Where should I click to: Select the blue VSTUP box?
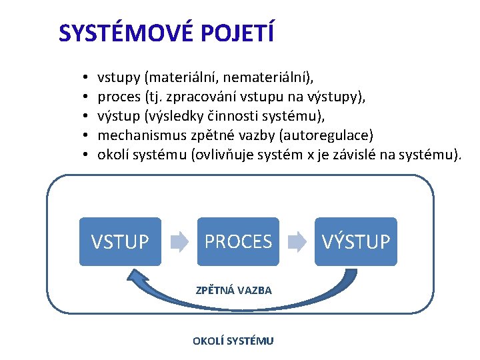coord(120,241)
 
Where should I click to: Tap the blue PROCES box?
coord(238,241)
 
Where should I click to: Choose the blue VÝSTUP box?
coord(356,241)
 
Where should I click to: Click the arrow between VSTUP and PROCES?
coord(179,241)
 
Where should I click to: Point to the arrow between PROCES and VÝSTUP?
coord(297,241)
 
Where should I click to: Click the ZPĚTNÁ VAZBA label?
coord(233,291)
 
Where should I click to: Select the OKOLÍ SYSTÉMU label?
coord(233,341)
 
